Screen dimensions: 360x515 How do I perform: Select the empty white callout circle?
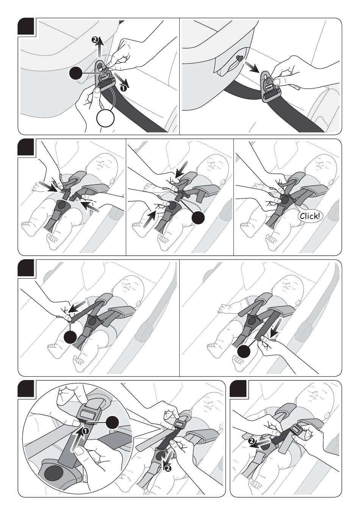click(105, 119)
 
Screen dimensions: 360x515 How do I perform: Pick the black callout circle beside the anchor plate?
click(77, 74)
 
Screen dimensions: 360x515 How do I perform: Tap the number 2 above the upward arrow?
click(95, 39)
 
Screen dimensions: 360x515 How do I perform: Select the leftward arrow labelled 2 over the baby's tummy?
click(261, 444)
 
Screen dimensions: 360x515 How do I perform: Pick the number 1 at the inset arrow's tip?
click(86, 431)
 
